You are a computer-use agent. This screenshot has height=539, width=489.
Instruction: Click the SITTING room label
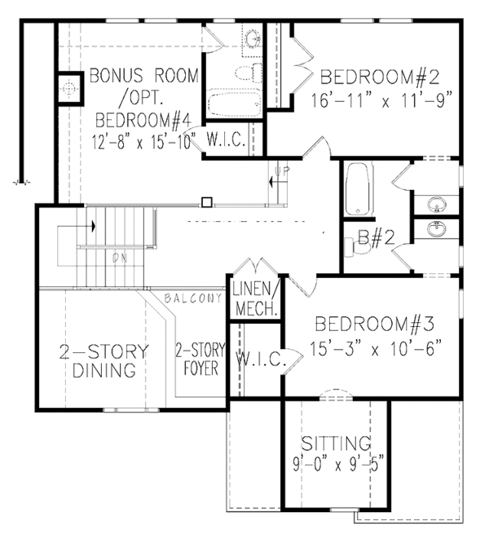pyautogui.click(x=336, y=444)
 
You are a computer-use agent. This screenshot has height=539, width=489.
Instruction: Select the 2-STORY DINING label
pyautogui.click(x=104, y=362)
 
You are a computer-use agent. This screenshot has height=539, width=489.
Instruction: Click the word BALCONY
pyautogui.click(x=192, y=299)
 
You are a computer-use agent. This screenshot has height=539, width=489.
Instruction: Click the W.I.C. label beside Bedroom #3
pyautogui.click(x=258, y=359)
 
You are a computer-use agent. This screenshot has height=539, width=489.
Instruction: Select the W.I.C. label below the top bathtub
pyautogui.click(x=228, y=139)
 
